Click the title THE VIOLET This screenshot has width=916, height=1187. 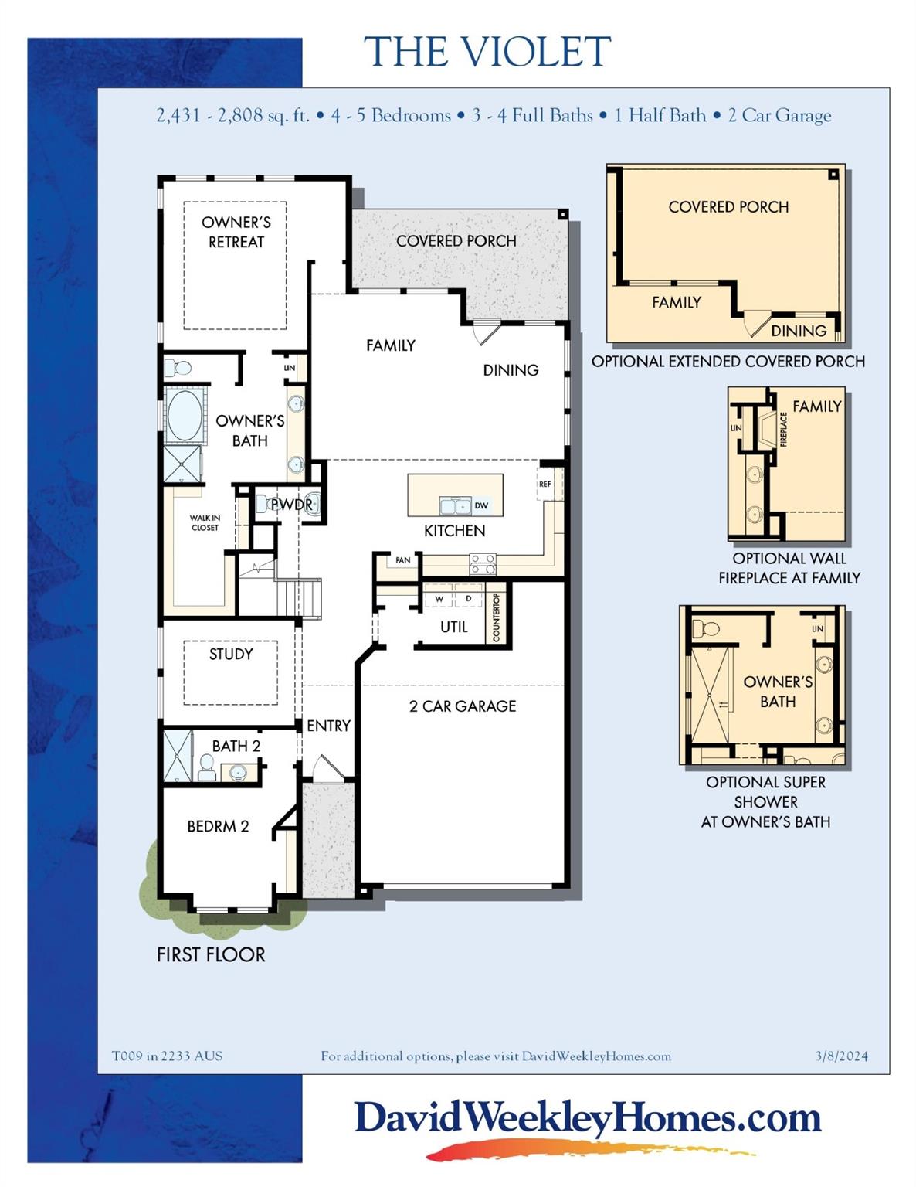click(x=487, y=52)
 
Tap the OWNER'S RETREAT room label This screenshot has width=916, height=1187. click(x=236, y=232)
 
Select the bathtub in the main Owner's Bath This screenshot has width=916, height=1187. click(x=184, y=415)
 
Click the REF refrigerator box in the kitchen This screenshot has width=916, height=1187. click(x=545, y=484)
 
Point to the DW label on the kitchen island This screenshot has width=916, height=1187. click(x=481, y=505)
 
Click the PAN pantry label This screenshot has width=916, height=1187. click(x=402, y=560)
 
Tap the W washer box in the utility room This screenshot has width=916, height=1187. click(x=439, y=599)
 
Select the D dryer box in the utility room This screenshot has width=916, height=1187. click(x=468, y=599)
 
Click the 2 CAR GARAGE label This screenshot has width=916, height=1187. click(x=462, y=706)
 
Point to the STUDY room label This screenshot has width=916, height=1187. click(x=230, y=654)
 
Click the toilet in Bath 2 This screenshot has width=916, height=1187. click(x=206, y=767)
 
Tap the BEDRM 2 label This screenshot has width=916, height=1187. click(x=218, y=826)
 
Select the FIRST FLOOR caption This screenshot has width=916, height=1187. click(x=210, y=954)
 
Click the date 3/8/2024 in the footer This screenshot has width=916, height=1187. click(x=841, y=1056)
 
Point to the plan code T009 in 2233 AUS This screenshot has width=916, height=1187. click(x=167, y=1056)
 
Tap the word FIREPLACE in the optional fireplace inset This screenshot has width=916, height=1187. click(x=783, y=429)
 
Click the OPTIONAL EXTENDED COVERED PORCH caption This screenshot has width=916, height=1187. click(x=728, y=361)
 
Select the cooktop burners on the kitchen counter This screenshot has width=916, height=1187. click(x=483, y=563)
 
